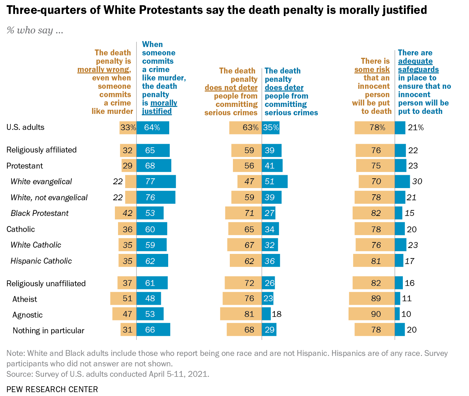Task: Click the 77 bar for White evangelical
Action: [x=156, y=181]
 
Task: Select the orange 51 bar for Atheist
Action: [x=123, y=298]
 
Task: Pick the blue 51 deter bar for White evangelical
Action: [x=274, y=181]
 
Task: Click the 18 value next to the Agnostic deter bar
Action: [x=276, y=314]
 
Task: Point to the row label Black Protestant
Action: [x=40, y=213]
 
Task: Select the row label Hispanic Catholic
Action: [x=41, y=261]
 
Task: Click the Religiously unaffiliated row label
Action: [x=46, y=284]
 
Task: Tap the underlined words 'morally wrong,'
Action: [x=104, y=69]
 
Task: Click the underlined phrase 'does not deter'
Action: [x=231, y=87]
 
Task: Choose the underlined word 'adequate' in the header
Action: [x=415, y=61]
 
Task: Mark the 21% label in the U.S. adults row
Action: [x=416, y=127]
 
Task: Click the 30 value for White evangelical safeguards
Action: [x=417, y=181]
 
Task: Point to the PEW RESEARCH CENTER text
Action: [x=52, y=389]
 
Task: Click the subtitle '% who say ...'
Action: [x=35, y=30]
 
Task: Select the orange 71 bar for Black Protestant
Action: [x=243, y=213]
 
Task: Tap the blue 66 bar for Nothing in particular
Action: [x=153, y=329]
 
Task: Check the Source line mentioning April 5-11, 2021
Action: [x=108, y=374]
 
